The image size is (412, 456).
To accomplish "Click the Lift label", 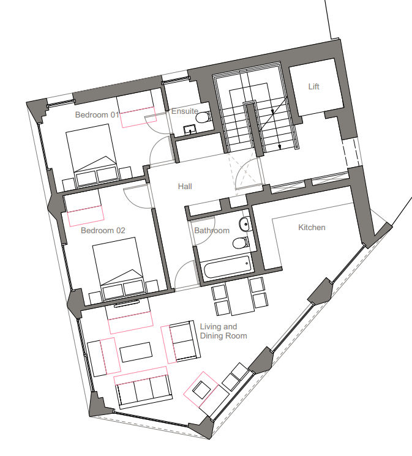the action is [313, 86].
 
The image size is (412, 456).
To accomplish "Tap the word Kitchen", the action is [312, 228].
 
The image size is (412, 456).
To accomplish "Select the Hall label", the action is [185, 186].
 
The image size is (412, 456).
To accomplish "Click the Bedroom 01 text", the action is [97, 115].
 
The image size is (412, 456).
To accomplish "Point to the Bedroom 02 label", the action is [103, 231].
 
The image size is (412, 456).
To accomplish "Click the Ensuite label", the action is [185, 111].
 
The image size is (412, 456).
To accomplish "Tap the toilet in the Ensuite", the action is [203, 118].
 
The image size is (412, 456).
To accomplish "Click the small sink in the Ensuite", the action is [190, 129].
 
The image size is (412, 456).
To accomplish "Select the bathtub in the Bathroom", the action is [227, 266].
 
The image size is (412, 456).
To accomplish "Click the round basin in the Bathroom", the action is [245, 224].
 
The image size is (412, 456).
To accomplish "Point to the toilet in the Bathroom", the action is [241, 242].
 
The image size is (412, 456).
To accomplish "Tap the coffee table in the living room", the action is [136, 352].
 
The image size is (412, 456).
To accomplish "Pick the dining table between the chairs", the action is [239, 296].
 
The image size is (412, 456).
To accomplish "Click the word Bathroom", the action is [212, 231].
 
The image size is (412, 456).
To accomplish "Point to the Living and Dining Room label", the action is [223, 331].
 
